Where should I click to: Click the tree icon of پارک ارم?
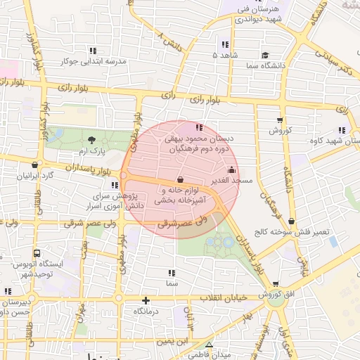pyautogui.click(x=92, y=140)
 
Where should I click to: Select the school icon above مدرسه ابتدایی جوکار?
pyautogui.click(x=93, y=50)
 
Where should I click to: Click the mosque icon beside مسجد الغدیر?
pyautogui.click(x=232, y=169)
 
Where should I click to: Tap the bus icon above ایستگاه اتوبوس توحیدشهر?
pyautogui.click(x=37, y=253)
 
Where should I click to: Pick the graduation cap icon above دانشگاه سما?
pyautogui.click(x=265, y=55)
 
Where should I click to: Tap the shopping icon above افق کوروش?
pyautogui.click(x=274, y=283)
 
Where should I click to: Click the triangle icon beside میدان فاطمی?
pyautogui.click(x=209, y=344)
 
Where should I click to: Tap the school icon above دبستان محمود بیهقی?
pyautogui.click(x=199, y=127)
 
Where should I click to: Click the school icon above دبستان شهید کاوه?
pyautogui.click(x=342, y=130)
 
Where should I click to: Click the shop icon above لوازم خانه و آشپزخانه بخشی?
pyautogui.click(x=181, y=179)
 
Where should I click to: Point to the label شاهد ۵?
pyautogui.click(x=226, y=55)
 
